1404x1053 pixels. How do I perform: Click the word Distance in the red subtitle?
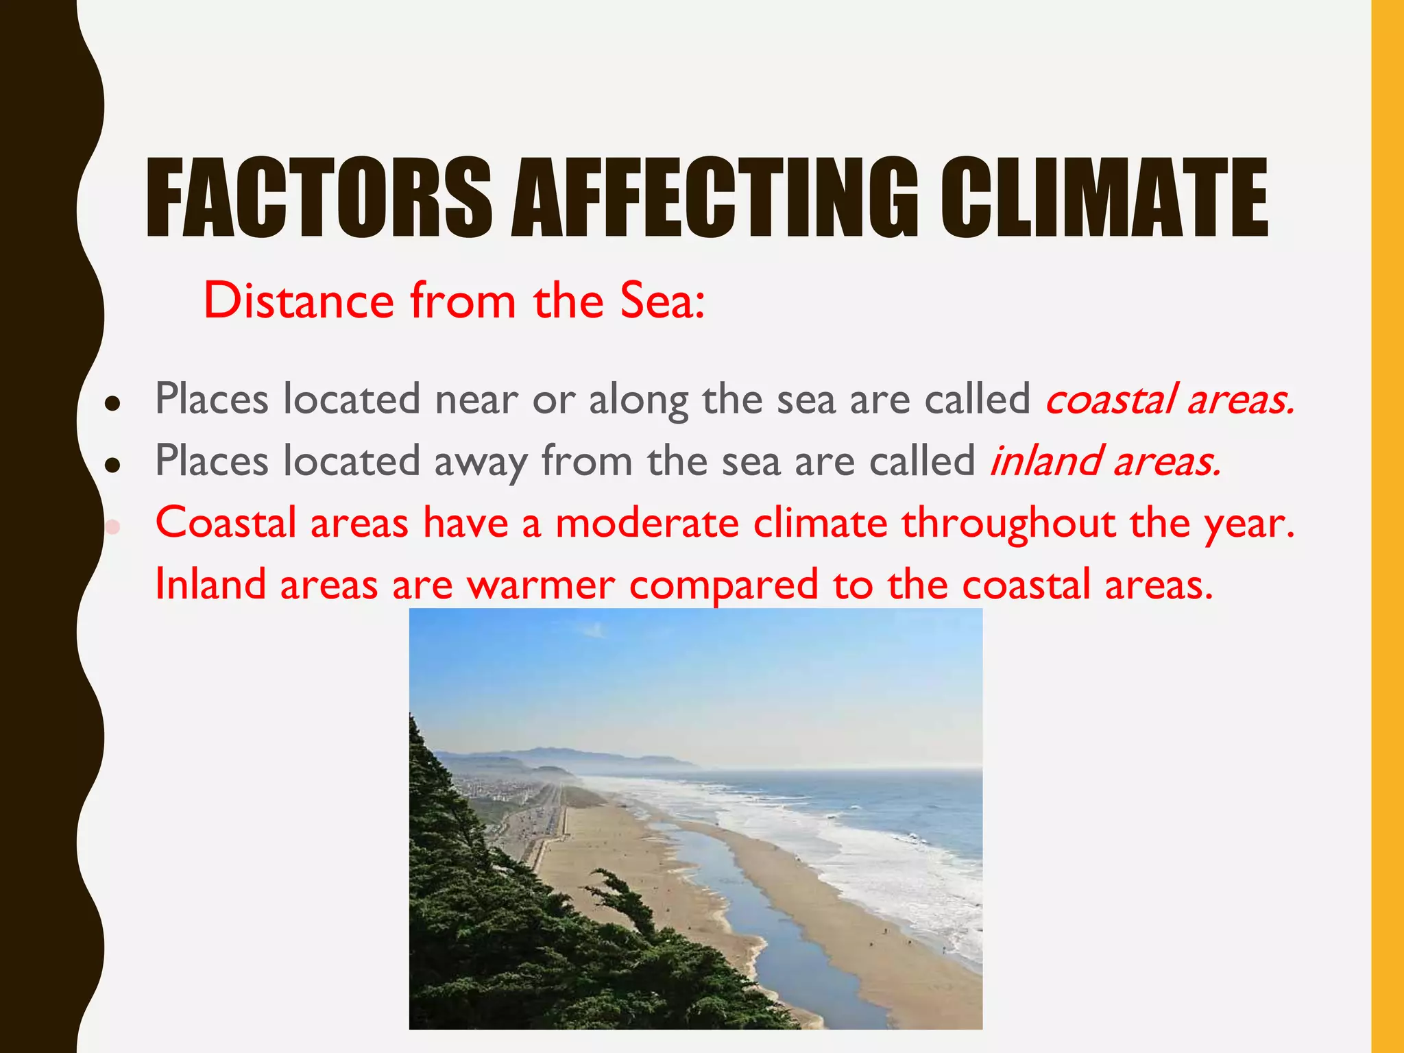pos(299,301)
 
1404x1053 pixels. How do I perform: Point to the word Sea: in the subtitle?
pos(662,301)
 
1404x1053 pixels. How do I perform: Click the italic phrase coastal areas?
pos(1170,400)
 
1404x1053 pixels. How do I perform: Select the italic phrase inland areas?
pos(1105,461)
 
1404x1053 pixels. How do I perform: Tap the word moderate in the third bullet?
pos(646,523)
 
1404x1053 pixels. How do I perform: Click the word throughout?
pos(1008,524)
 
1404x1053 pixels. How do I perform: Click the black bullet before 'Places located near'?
pos(113,404)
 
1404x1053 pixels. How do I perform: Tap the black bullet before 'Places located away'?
pos(113,465)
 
